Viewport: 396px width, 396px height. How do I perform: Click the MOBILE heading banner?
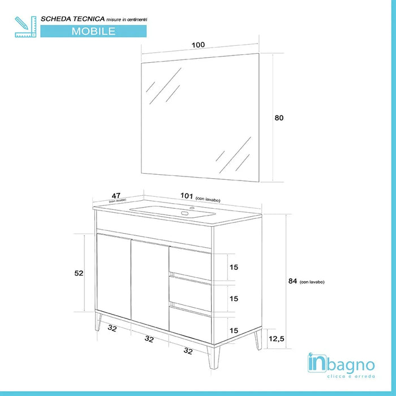[93, 31]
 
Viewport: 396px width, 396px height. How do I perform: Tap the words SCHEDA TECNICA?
[71, 19]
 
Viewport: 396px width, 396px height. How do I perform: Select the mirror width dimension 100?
[198, 45]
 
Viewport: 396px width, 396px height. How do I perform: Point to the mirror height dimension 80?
[278, 118]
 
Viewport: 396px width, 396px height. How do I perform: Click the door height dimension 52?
[79, 273]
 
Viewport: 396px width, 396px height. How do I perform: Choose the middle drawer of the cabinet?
[190, 293]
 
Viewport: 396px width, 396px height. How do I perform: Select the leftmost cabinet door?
[113, 277]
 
